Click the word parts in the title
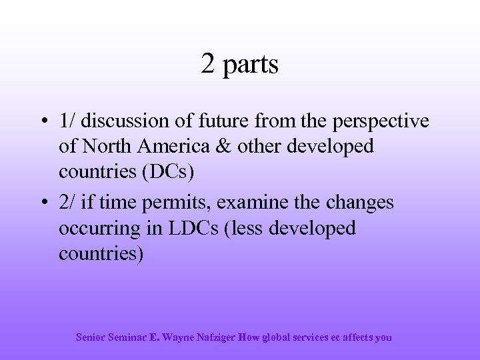click(x=251, y=65)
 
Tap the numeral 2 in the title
click(x=207, y=64)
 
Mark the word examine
click(x=258, y=202)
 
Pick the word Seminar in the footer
click(x=126, y=337)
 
